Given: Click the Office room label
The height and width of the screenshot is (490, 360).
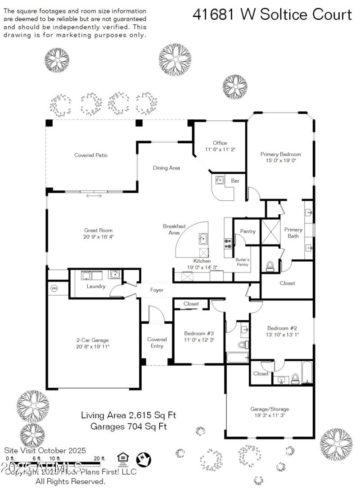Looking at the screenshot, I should (x=220, y=143).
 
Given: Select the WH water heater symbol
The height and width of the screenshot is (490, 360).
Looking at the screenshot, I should (x=54, y=288).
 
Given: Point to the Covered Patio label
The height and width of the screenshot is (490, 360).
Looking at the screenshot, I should (x=91, y=155).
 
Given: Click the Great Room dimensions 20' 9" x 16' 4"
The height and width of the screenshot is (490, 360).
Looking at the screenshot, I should (x=99, y=236).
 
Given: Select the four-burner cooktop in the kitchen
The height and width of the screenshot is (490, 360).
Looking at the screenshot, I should (x=228, y=244).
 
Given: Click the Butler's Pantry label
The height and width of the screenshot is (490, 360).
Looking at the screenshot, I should (x=243, y=263).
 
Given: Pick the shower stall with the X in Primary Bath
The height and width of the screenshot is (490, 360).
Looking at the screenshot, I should (x=270, y=231).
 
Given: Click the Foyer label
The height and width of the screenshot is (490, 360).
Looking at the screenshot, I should (x=157, y=290).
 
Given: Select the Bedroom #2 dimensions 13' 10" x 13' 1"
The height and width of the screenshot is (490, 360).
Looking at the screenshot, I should (x=283, y=335).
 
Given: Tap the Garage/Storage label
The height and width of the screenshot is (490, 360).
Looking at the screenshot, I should (x=270, y=409).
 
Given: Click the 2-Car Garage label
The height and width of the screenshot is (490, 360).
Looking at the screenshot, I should (x=92, y=340).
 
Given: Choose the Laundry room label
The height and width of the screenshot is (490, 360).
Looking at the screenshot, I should (x=96, y=286).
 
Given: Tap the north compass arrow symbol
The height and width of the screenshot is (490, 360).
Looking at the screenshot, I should (x=144, y=459).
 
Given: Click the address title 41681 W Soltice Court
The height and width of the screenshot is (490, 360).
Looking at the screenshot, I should (x=272, y=14).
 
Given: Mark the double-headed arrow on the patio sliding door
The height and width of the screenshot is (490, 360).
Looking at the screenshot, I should (x=94, y=195).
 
